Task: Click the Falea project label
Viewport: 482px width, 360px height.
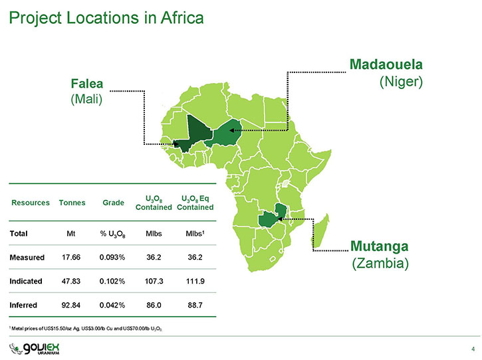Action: [x=86, y=84]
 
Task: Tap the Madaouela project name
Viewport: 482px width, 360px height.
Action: [x=386, y=64]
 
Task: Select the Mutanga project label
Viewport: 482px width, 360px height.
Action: [x=380, y=246]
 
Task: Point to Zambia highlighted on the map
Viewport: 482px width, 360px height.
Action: [x=271, y=217]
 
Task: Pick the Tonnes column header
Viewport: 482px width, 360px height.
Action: [x=72, y=203]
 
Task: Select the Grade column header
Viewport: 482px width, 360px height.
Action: [x=114, y=203]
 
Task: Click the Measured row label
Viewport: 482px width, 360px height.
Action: [x=27, y=258]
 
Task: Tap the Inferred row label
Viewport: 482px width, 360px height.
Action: [x=23, y=305]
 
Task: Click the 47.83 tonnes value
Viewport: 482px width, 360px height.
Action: [x=71, y=281]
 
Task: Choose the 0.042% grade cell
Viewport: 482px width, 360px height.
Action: [x=112, y=305]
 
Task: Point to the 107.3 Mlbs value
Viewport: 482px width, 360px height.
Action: [x=154, y=281]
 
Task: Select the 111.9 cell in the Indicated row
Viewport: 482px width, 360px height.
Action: [x=195, y=281]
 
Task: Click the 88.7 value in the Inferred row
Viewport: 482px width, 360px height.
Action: [x=195, y=305]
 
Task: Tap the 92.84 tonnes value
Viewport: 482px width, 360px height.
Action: [x=71, y=305]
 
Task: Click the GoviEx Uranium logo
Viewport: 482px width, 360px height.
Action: [x=34, y=349]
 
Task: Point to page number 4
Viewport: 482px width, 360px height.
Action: [x=473, y=349]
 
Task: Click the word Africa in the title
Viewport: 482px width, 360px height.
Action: [x=182, y=17]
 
